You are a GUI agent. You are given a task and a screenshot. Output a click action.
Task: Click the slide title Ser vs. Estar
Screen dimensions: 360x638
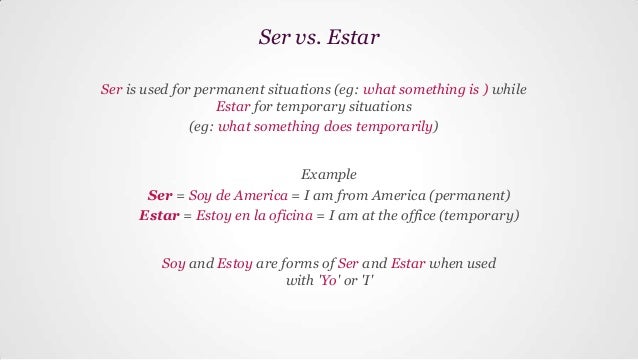319,41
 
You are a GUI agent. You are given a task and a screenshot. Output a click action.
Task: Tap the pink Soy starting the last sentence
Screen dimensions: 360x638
173,264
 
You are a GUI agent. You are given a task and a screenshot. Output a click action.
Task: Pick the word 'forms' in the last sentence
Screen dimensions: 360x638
305,264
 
